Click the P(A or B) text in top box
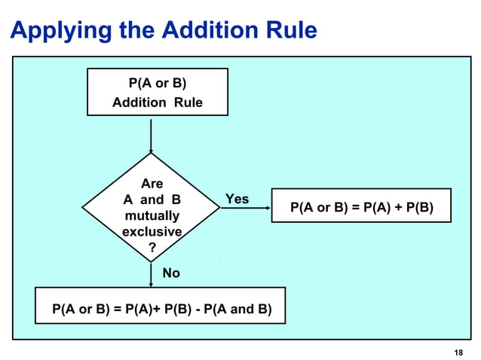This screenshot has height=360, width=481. coord(157,83)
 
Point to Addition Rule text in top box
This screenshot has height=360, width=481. coord(157,102)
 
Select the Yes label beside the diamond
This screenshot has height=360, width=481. coord(237,199)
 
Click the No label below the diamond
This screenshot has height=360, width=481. coord(171,273)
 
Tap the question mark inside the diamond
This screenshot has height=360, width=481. coord(152,248)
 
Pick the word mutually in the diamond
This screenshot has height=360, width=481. coord(152,215)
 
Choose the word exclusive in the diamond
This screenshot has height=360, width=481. coord(152,232)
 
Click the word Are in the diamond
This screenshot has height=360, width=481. coord(152,183)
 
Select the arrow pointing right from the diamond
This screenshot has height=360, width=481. coord(245,209)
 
